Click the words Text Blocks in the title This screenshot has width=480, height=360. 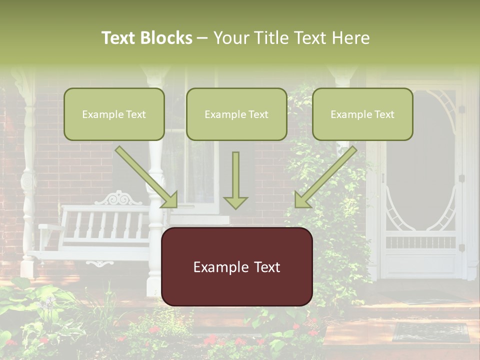146,38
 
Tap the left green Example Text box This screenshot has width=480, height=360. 114,114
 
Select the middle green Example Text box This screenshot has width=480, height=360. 236,114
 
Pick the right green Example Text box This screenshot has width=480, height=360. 362,114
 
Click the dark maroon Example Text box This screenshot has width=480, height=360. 236,267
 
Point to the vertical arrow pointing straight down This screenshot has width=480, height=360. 235,177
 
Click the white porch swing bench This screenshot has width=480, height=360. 95,230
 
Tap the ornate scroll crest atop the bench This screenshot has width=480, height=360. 118,198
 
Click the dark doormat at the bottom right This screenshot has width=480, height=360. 430,332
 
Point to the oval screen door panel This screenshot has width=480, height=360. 421,160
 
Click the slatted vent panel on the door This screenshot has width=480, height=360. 420,242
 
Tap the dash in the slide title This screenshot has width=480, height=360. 203,38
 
